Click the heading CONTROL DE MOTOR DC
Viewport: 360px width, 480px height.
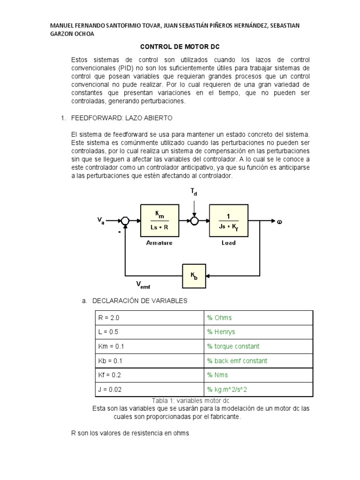coord(180,47)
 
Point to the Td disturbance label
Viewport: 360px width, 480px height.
coord(194,191)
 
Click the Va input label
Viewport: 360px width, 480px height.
coord(101,221)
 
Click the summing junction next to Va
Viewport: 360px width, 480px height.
coord(125,221)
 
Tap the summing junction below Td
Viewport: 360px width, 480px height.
coord(194,221)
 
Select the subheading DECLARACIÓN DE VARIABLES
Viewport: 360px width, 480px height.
coord(140,300)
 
